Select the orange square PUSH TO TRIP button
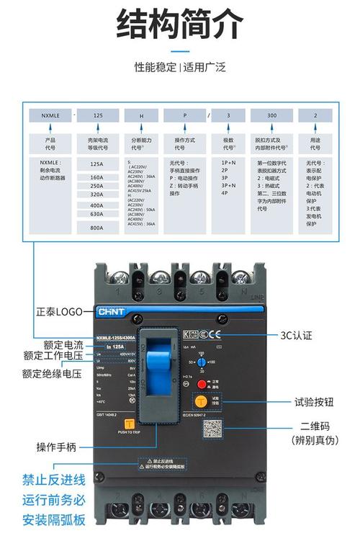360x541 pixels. coord(130,425)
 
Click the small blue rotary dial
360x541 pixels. coord(201,361)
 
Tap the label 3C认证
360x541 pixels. coord(296,336)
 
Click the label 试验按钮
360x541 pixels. coord(313,403)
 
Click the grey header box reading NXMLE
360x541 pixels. coord(50,115)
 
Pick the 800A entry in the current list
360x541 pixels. coord(96,228)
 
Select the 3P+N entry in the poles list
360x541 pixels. coord(230,184)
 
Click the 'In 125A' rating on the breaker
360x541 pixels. coord(114,346)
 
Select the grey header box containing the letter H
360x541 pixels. coord(141,115)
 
